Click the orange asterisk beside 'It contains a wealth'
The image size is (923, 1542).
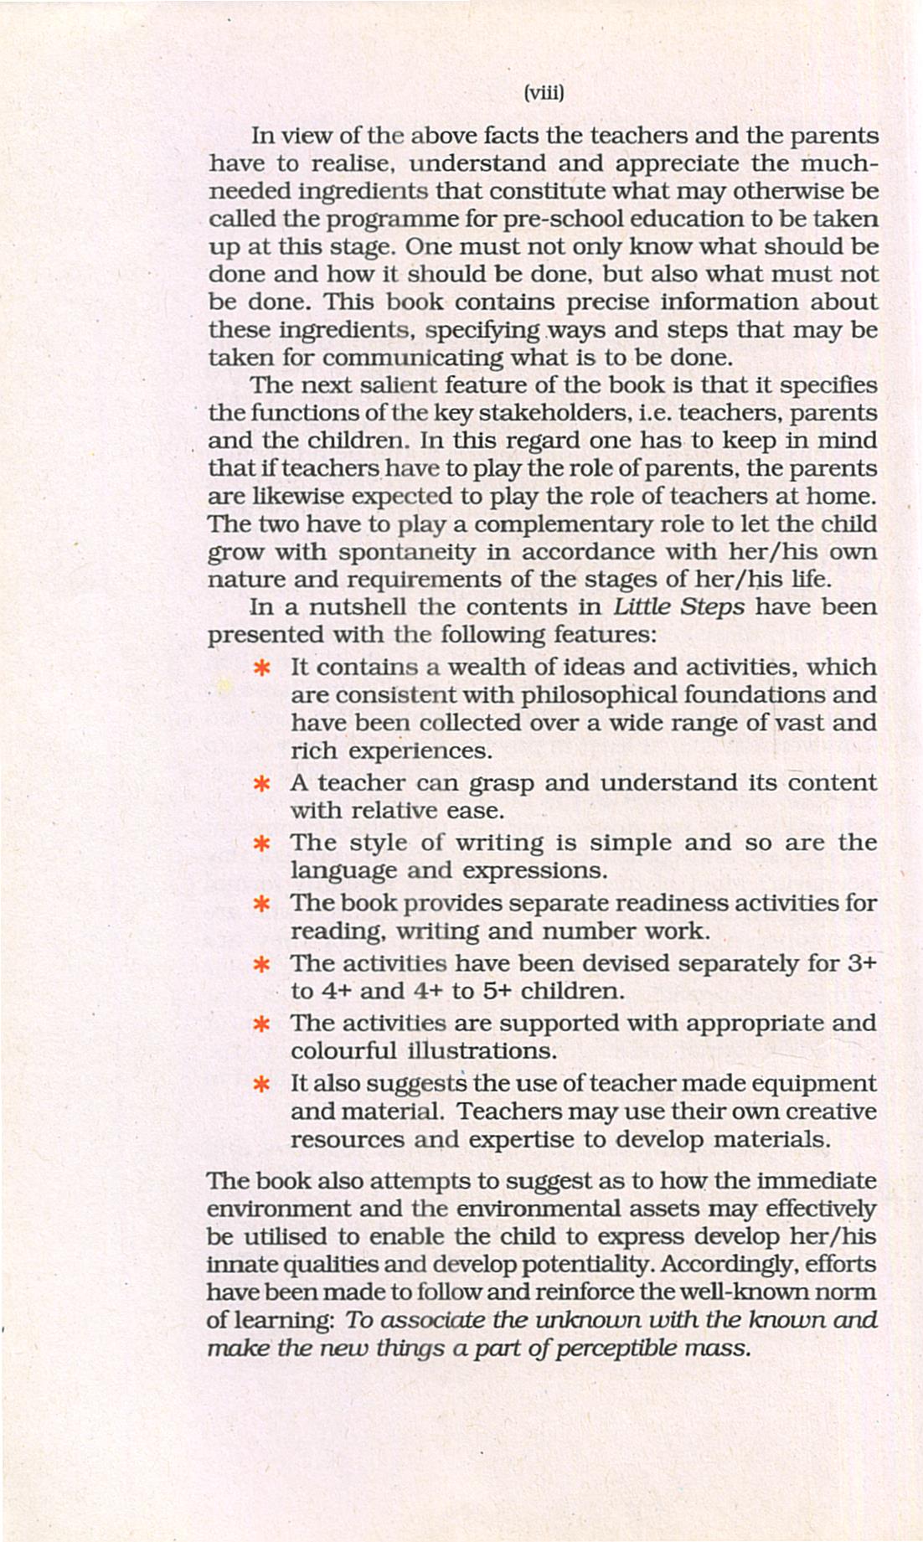pyautogui.click(x=261, y=668)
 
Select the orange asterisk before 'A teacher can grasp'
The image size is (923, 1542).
pyautogui.click(x=261, y=785)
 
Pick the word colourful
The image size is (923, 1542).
pyautogui.click(x=344, y=1051)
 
